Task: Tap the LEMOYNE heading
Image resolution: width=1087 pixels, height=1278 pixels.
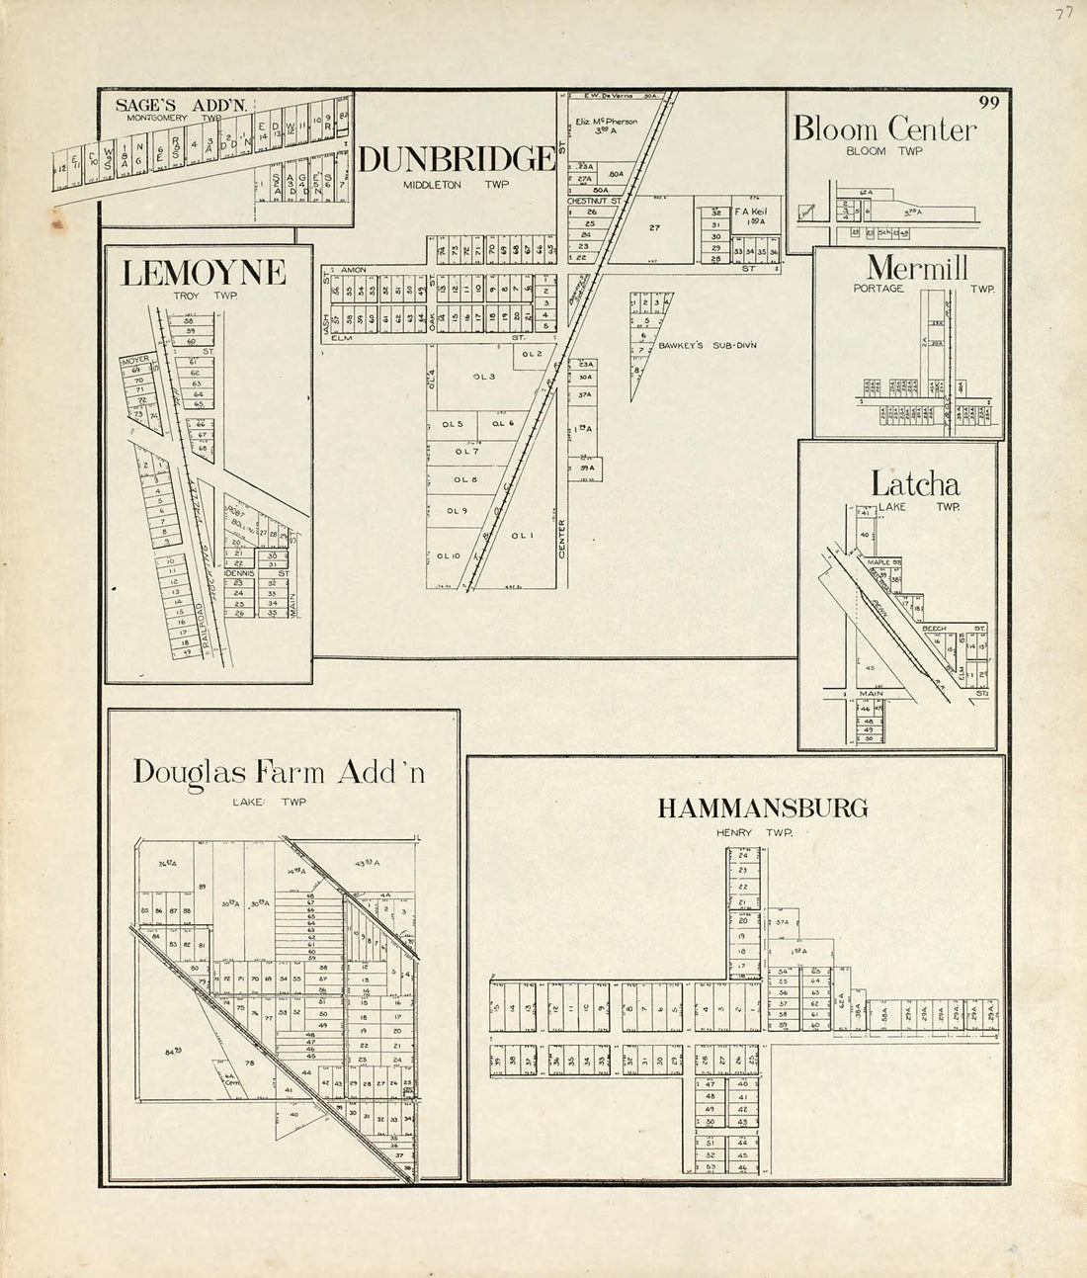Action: tap(203, 273)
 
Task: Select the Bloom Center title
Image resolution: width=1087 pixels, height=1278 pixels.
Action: tap(883, 129)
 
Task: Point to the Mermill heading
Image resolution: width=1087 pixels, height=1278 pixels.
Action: tap(917, 268)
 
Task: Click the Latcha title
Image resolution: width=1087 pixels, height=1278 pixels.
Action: tap(914, 484)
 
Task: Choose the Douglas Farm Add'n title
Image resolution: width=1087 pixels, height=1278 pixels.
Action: tap(280, 772)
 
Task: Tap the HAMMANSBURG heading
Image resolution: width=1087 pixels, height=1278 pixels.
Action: tap(763, 809)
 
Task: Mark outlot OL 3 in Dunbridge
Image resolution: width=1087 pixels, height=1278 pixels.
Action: tap(484, 377)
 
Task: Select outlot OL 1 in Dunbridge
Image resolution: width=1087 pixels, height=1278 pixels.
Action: tap(523, 536)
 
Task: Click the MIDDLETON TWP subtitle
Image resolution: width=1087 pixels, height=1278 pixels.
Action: tap(456, 185)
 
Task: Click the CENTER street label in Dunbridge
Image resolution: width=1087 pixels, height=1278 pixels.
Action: tap(560, 539)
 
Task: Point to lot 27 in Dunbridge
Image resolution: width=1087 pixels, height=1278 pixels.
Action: tap(654, 227)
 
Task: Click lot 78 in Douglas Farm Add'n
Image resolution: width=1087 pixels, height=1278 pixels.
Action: tap(249, 1063)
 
